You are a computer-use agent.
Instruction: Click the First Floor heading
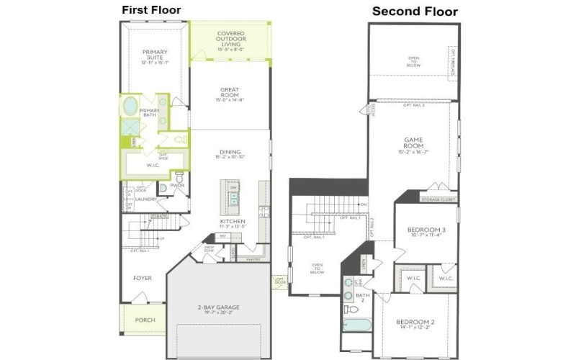[x=151, y=9]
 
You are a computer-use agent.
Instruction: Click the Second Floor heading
[x=414, y=12]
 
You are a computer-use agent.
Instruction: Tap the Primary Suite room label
[x=154, y=55]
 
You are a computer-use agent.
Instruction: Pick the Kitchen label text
[x=232, y=223]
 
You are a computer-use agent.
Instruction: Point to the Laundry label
[x=145, y=199]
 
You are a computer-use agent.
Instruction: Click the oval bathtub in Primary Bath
[x=130, y=107]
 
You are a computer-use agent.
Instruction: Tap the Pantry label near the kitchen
[x=253, y=258]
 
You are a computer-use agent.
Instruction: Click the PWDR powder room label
[x=177, y=185]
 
